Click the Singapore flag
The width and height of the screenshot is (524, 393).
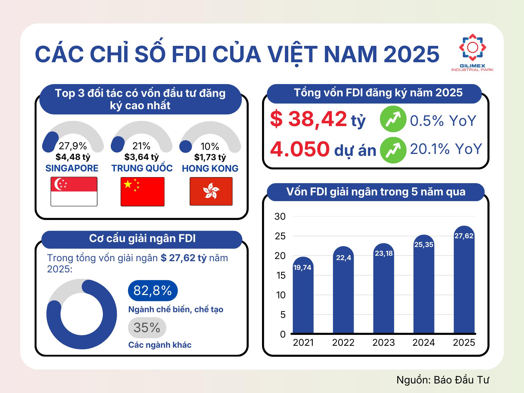click(74, 191)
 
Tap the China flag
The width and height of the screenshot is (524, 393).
click(142, 192)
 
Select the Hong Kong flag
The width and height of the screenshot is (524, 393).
click(211, 191)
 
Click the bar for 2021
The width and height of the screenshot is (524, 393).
click(303, 300)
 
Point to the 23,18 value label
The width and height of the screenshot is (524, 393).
click(384, 254)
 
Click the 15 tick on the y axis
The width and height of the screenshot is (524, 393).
click(281, 275)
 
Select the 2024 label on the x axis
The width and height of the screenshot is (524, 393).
click(424, 343)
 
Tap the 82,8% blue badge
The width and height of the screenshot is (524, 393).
click(153, 291)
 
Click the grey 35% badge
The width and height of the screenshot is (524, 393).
click(147, 327)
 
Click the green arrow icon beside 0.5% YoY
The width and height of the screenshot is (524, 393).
click(393, 119)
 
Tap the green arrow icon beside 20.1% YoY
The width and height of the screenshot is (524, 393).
click(393, 150)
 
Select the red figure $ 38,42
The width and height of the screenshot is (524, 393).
click(308, 119)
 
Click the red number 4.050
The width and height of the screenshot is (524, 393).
click(300, 149)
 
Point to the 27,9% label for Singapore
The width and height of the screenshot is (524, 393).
click(73, 146)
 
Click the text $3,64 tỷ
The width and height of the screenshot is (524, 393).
click(141, 157)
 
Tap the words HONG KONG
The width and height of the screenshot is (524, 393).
click(210, 168)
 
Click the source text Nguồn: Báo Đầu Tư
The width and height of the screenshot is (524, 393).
click(443, 380)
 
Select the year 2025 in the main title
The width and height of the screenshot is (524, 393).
click(411, 54)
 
